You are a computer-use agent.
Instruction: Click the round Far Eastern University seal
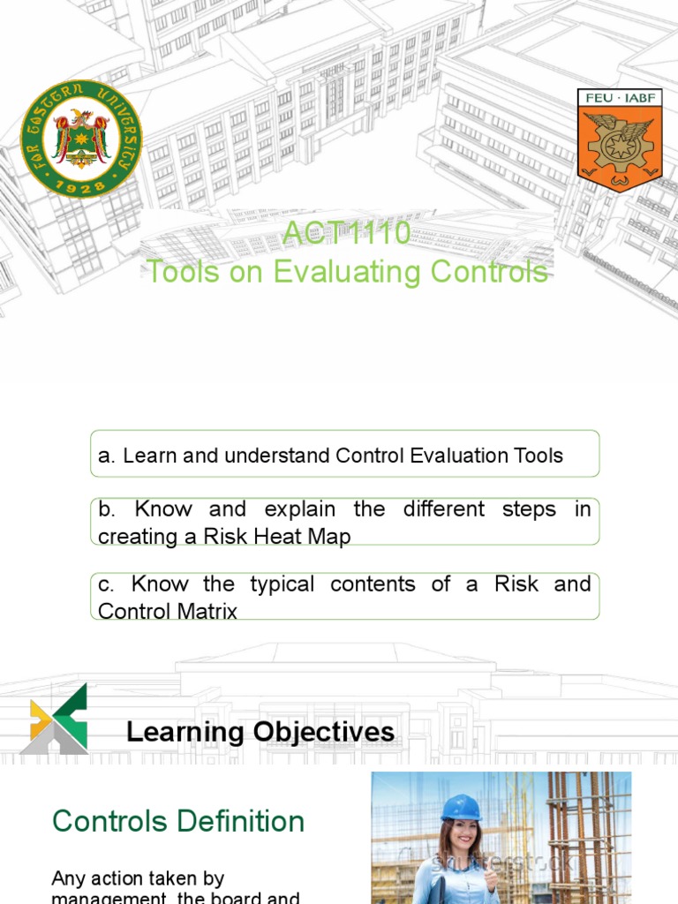81,138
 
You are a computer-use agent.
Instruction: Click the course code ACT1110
346,234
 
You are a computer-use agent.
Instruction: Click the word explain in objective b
297,509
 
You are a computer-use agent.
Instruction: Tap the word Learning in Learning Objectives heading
185,732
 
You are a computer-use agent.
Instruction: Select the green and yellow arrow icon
55,719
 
